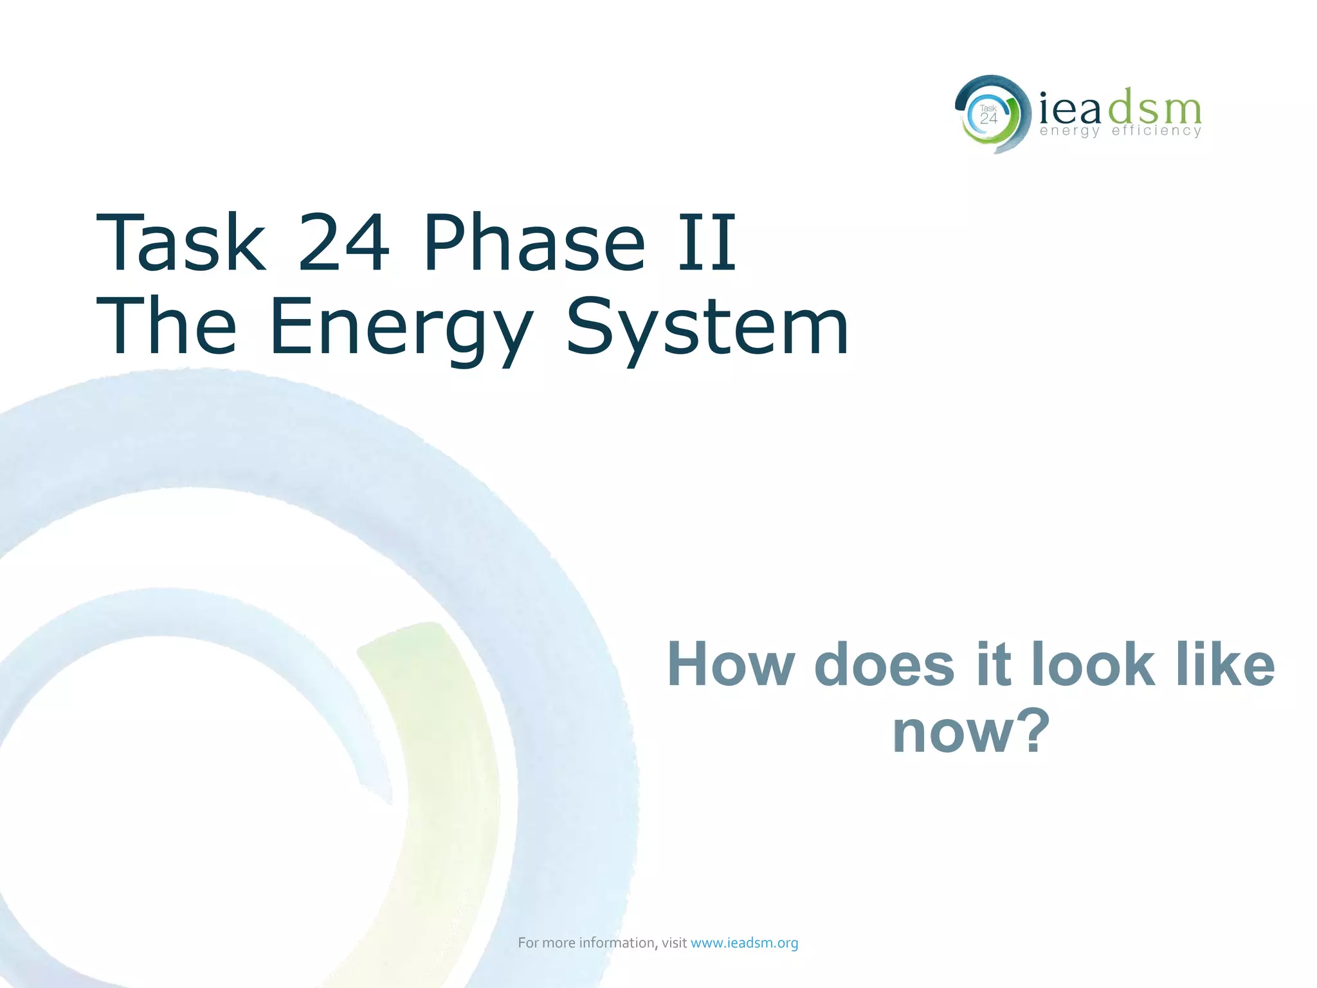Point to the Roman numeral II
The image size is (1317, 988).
[x=706, y=243]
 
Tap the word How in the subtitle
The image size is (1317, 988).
[x=731, y=665]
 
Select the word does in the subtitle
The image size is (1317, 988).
[x=885, y=665]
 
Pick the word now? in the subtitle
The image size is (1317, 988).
[x=971, y=732]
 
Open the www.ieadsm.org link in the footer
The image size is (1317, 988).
[x=744, y=943]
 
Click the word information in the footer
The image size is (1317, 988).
[x=617, y=943]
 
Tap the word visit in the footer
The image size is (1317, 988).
[x=674, y=943]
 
